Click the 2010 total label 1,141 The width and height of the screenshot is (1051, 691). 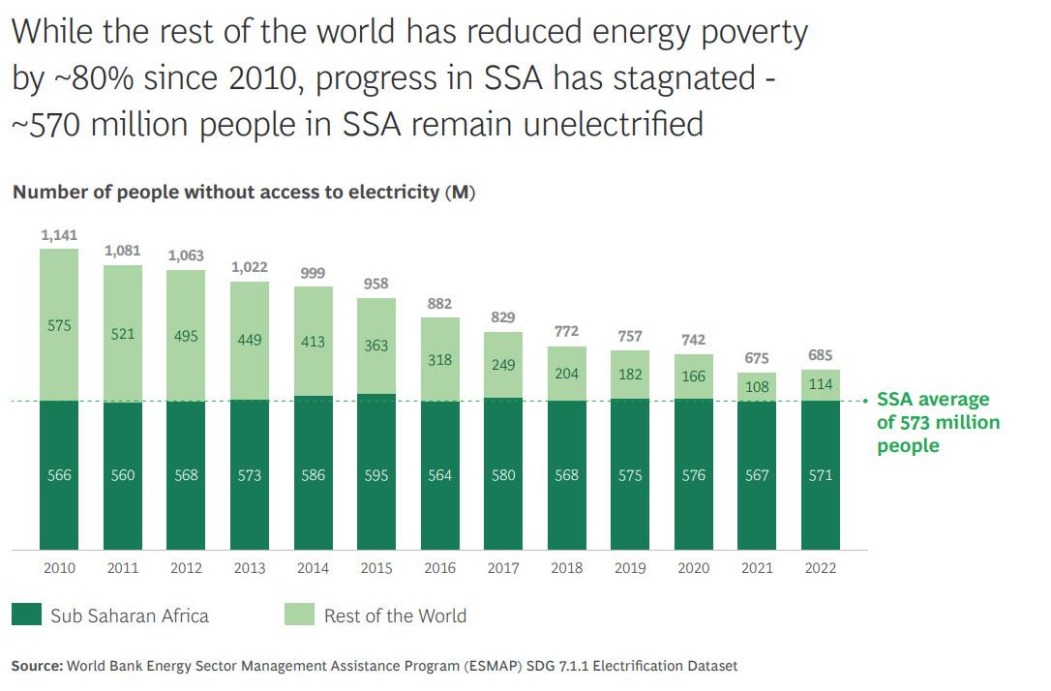tap(59, 235)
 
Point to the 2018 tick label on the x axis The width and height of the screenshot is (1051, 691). tap(567, 568)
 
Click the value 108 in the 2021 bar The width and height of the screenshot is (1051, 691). tap(757, 386)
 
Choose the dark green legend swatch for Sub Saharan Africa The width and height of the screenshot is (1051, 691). tap(27, 615)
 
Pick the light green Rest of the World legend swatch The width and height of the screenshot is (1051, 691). tap(300, 615)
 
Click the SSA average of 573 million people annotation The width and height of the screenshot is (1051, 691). tap(937, 422)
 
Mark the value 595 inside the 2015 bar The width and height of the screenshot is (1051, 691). tap(376, 475)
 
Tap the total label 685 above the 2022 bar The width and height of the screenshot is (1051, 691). tap(820, 355)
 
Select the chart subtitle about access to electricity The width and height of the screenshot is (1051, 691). tap(244, 192)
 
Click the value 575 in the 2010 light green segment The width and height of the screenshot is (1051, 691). tap(59, 326)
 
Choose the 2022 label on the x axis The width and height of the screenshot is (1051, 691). tap(821, 568)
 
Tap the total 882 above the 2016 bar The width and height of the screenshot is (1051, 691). tap(440, 303)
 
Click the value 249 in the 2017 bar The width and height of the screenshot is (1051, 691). tap(503, 365)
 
